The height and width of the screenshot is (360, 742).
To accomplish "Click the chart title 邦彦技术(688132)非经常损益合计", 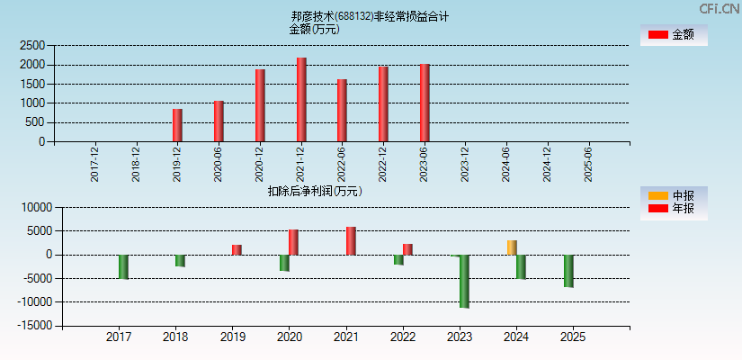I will (370, 16).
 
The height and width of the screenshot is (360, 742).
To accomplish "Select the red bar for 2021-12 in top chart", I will (301, 100).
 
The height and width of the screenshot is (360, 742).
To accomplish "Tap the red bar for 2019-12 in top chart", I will (177, 125).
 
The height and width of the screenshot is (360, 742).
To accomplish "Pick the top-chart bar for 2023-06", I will (425, 103).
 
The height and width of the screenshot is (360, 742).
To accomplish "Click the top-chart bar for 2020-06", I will (219, 121).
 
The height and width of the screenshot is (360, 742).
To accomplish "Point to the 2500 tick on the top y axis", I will (32, 45).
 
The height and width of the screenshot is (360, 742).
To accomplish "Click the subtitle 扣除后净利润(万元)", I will (315, 191).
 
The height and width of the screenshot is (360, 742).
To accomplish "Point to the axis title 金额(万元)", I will (314, 29).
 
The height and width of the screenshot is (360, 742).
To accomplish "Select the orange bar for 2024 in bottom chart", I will (512, 247).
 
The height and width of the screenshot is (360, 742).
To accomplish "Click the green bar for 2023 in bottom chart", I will (464, 281).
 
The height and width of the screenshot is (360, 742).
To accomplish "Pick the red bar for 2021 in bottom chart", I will (351, 240).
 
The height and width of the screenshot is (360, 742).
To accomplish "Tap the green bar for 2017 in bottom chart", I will (123, 266).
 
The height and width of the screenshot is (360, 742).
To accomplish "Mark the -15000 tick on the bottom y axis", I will (32, 326).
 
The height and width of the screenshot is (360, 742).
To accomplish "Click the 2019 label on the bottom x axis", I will (232, 337).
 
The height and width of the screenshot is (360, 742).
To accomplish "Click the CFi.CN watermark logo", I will (720, 8).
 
